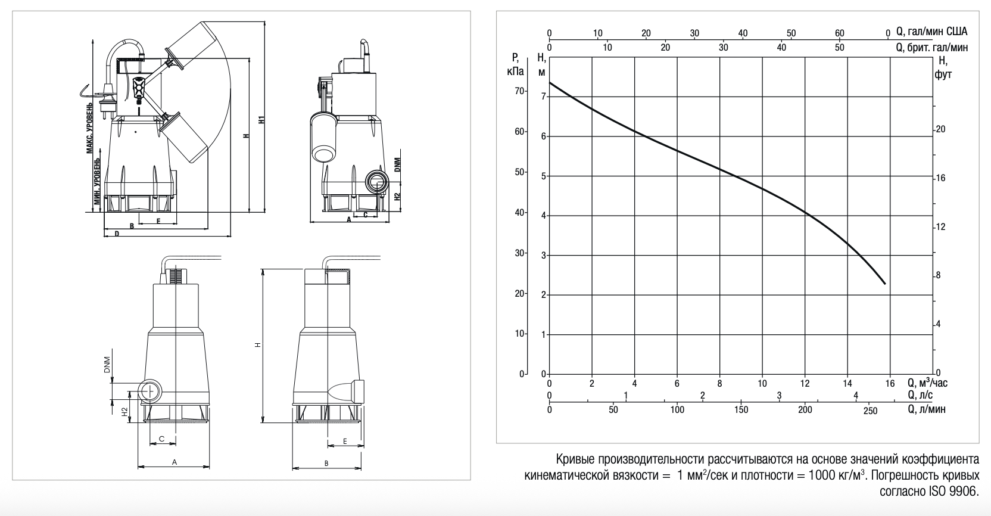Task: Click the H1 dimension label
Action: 261,119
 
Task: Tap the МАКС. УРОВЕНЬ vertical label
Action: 90,128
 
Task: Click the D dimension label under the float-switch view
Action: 117,234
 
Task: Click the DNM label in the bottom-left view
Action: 107,365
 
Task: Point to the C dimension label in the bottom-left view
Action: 161,439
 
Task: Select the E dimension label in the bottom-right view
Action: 345,441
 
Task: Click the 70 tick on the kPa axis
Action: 519,91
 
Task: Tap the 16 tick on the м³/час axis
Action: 890,383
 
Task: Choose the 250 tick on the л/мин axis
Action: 870,411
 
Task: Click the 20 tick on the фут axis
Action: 940,129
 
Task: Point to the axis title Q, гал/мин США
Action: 931,32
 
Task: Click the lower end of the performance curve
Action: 885,284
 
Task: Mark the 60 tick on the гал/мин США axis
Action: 839,33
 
